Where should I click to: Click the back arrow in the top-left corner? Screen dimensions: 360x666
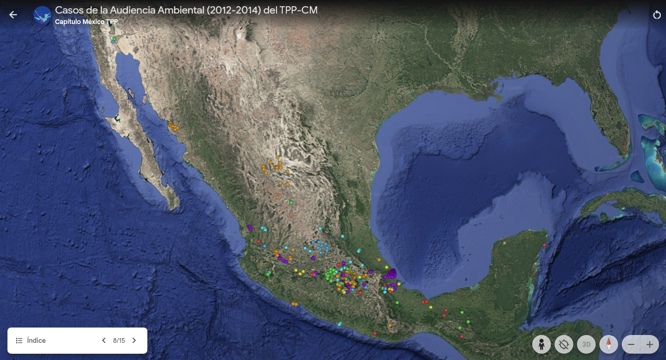13,15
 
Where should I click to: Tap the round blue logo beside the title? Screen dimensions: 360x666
42,15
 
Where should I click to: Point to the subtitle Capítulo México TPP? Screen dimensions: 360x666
86,22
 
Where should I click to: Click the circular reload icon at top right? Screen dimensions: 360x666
657,15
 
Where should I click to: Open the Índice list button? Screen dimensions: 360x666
31,340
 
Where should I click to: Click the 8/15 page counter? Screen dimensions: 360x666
119,341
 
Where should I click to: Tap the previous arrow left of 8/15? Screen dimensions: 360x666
104,341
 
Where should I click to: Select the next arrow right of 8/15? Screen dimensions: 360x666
134,341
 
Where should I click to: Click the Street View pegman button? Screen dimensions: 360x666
542,344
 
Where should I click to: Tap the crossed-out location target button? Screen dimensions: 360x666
563,344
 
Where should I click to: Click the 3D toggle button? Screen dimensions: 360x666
586,344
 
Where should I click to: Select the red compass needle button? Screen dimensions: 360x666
608,344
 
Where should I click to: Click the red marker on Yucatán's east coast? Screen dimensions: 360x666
544,245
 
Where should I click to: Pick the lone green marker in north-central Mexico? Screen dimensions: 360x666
291,202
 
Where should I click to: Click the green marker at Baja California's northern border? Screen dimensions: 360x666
114,39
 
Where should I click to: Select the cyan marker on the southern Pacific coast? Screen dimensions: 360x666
339,324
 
